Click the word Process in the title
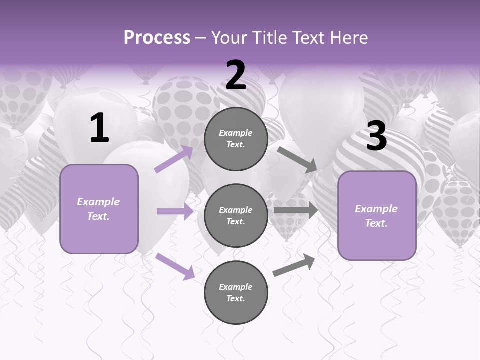157,38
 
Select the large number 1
99,128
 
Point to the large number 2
236,76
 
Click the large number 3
376,136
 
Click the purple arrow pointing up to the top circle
173,159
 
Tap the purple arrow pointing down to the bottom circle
175,266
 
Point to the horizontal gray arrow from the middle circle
295,210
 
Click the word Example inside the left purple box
98,202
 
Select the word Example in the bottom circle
236,287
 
